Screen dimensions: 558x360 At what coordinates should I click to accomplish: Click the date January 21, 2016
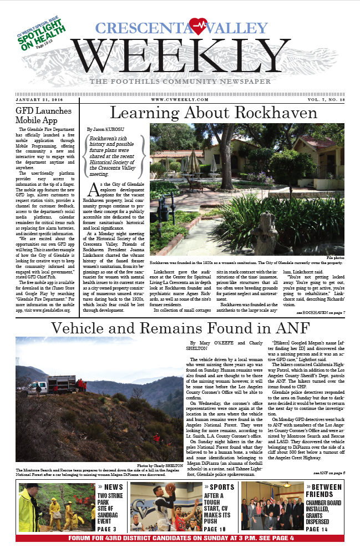[x=39, y=99]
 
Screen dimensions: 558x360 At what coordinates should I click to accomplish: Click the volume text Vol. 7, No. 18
[x=321, y=99]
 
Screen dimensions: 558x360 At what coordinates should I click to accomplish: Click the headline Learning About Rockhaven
[x=214, y=113]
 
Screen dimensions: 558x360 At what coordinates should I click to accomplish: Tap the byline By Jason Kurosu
[x=108, y=129]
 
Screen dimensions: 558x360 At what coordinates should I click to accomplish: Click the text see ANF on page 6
[x=329, y=473]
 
